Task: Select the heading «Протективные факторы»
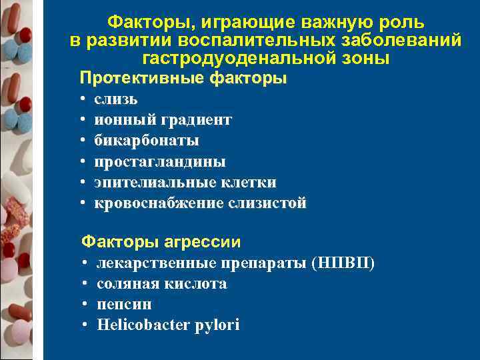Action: tap(183, 78)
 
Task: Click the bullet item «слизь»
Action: tap(116, 99)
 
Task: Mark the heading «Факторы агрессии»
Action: tap(161, 241)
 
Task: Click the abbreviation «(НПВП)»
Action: tap(343, 263)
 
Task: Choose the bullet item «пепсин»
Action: tap(124, 305)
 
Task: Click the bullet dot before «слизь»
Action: tap(81, 100)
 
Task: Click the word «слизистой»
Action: tap(267, 203)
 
